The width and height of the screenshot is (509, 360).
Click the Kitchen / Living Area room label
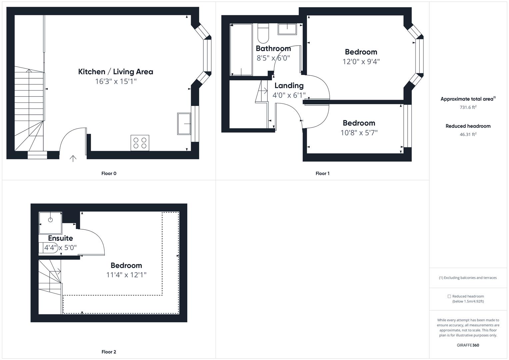click(116, 72)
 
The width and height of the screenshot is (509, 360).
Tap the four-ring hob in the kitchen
click(140, 143)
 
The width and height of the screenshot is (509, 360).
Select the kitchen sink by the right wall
click(184, 124)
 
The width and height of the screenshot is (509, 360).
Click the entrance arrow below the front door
click(73, 158)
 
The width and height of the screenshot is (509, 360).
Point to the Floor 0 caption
click(109, 173)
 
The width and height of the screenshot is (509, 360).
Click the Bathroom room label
click(273, 49)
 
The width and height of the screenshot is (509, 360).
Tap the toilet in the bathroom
click(263, 33)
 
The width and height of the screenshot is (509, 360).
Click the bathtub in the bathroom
click(241, 49)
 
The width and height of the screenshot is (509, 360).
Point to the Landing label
click(289, 86)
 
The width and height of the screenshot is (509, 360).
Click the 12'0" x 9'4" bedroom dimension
click(361, 62)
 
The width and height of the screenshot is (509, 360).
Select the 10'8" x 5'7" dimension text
click(359, 133)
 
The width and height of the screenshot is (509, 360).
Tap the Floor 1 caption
click(322, 173)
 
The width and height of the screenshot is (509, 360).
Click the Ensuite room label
click(60, 238)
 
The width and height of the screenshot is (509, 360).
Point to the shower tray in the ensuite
click(50, 223)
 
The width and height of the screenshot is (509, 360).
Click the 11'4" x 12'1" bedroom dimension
click(126, 275)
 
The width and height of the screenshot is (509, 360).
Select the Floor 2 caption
click(109, 352)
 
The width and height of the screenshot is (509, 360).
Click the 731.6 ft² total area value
click(468, 107)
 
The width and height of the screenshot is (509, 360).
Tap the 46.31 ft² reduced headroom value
click(468, 134)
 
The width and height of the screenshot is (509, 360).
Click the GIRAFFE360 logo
click(468, 345)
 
